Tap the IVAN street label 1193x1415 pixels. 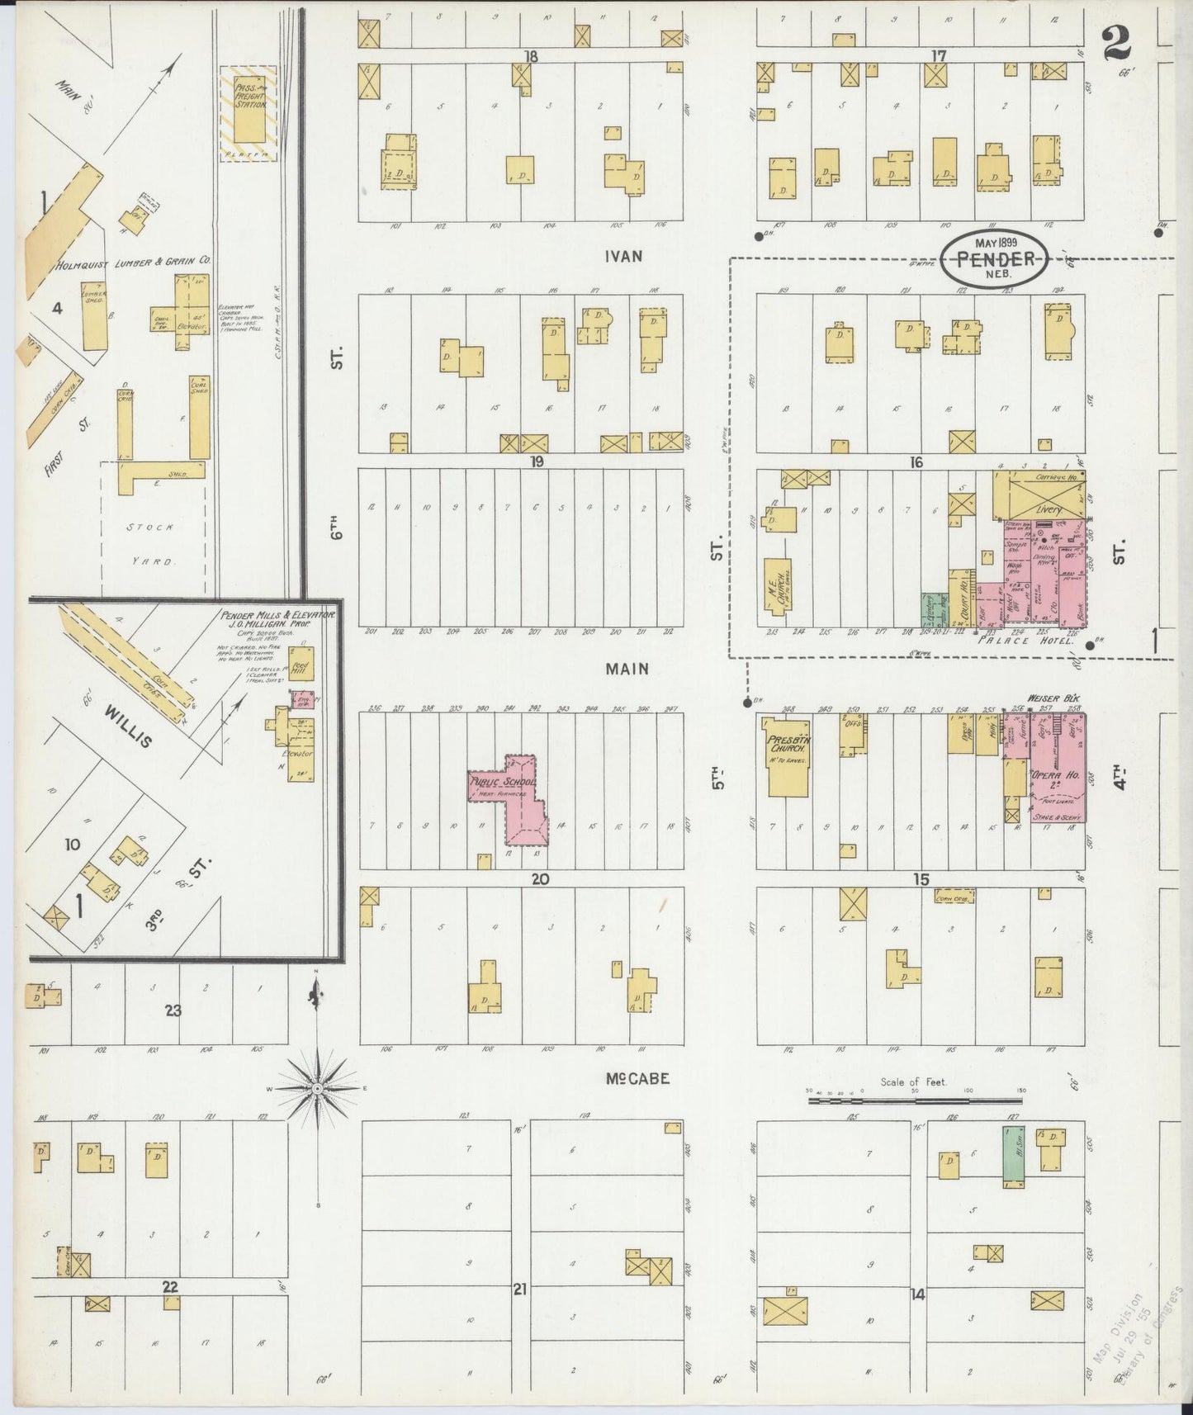click(x=623, y=257)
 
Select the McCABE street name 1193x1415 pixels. click(x=636, y=1079)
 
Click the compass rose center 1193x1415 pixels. click(x=317, y=1090)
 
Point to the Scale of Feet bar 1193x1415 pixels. click(x=914, y=1100)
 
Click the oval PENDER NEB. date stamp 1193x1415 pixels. click(x=996, y=258)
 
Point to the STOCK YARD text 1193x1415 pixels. click(x=154, y=544)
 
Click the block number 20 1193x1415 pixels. click(x=539, y=880)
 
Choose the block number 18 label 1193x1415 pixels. click(x=530, y=56)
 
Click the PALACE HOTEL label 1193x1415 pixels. click(x=1025, y=641)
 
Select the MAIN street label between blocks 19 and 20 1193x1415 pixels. click(x=627, y=669)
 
